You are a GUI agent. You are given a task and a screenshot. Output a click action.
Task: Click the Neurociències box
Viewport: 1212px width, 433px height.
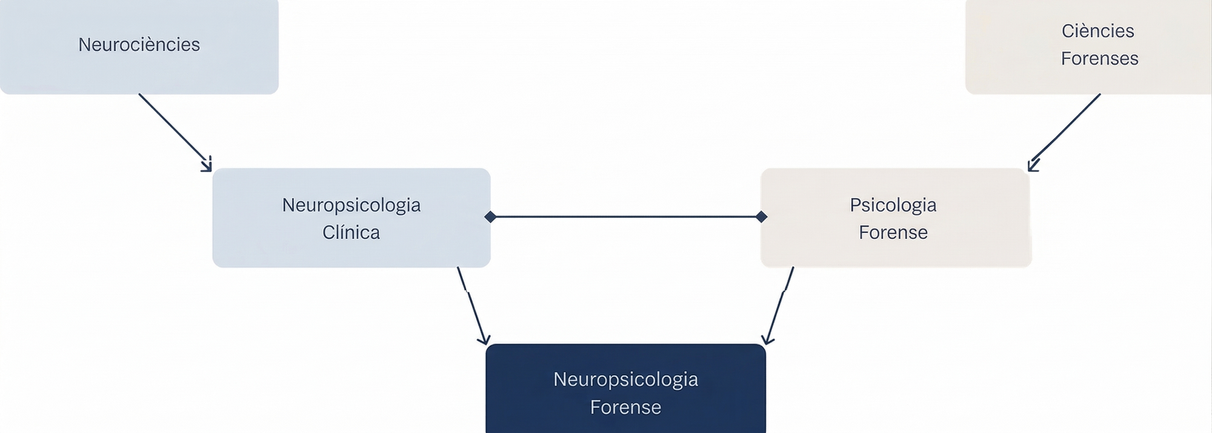click(x=139, y=46)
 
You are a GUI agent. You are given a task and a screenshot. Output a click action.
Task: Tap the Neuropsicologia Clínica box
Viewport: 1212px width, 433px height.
click(x=351, y=218)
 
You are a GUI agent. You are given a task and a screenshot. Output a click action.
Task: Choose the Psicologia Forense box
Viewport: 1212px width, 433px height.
click(x=896, y=218)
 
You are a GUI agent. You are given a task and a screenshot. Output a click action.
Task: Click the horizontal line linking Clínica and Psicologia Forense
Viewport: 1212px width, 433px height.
click(x=625, y=216)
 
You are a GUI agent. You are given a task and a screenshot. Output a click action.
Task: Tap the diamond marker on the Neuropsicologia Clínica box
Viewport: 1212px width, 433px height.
click(x=490, y=216)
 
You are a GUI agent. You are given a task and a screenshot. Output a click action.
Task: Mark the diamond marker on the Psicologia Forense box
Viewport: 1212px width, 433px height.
click(x=762, y=216)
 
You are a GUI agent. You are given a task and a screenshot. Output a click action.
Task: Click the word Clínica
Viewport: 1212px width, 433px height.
click(x=351, y=232)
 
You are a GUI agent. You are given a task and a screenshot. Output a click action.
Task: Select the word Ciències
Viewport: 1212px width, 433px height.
click(x=1097, y=31)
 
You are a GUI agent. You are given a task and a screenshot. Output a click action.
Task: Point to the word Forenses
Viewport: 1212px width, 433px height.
click(x=1099, y=59)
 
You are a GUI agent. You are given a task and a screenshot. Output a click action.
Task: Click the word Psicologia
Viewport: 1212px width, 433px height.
click(x=893, y=205)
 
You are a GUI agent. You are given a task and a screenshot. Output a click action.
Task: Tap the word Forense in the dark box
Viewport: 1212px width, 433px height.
click(x=625, y=407)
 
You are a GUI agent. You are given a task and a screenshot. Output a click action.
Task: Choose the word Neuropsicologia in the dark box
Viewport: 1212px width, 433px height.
click(x=625, y=380)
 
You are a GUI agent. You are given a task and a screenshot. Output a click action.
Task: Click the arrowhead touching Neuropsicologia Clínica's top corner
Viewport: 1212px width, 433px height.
click(x=207, y=166)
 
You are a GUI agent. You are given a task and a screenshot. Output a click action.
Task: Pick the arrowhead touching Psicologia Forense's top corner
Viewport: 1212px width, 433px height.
click(x=1033, y=166)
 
